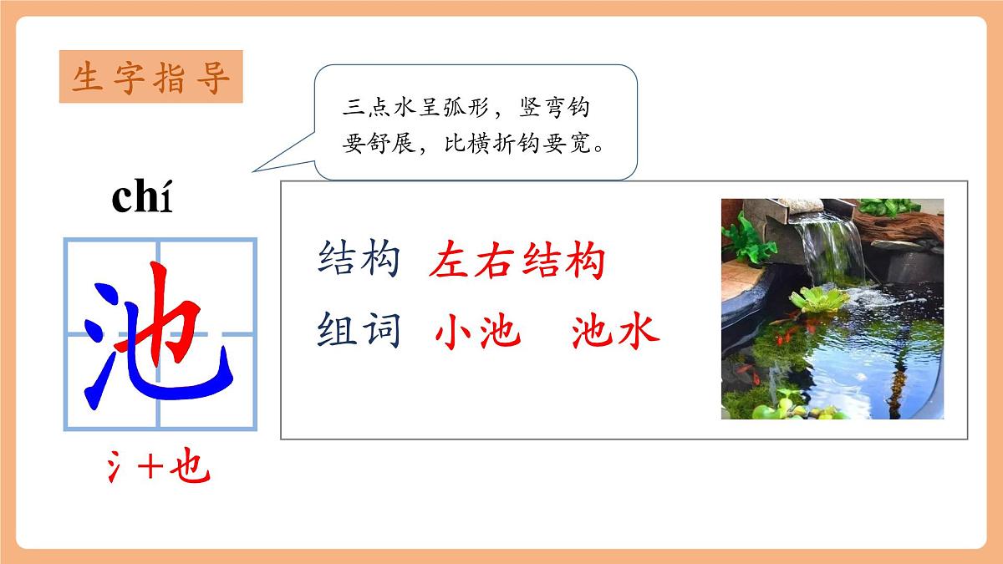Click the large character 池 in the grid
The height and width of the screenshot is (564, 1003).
pyautogui.click(x=159, y=334)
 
